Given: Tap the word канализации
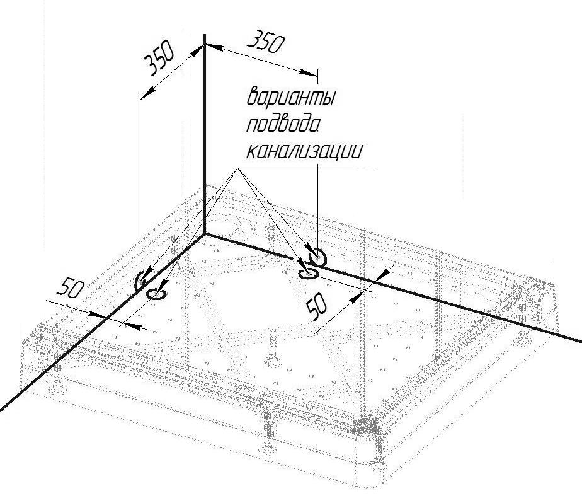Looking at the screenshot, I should (x=304, y=151).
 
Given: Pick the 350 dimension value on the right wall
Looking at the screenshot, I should (x=265, y=44).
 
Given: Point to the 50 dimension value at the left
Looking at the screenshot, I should (x=71, y=288).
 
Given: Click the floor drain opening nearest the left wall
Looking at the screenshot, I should (x=156, y=293).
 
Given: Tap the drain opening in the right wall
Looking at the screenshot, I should (x=317, y=256).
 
